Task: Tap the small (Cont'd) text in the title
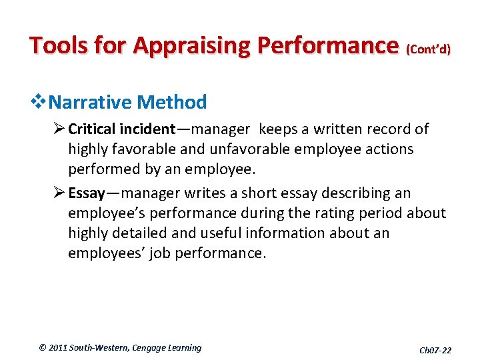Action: tap(428, 49)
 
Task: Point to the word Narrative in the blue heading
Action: tap(90, 103)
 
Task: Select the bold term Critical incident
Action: tap(122, 129)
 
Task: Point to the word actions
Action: tap(389, 149)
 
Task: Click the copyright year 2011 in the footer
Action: tap(61, 347)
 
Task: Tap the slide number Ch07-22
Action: tap(435, 350)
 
